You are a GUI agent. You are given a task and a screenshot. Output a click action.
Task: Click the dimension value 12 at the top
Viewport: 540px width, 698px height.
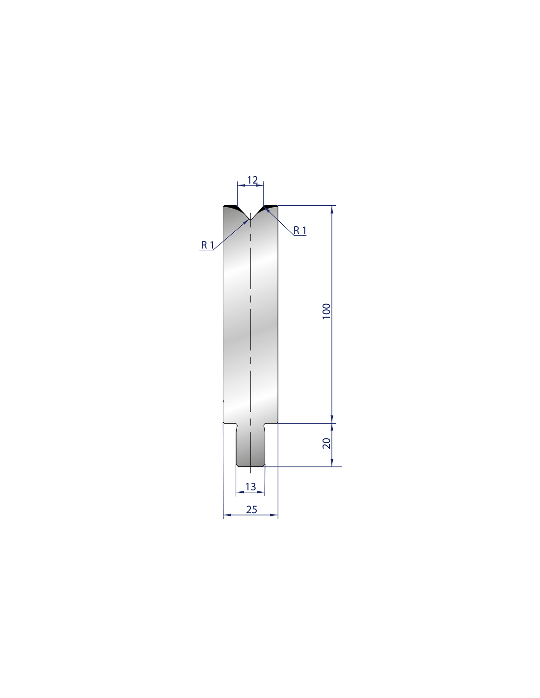252,180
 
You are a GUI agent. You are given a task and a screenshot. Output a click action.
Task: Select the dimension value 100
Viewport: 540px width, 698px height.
326,311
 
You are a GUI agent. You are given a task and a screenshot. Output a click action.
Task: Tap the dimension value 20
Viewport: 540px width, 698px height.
326,443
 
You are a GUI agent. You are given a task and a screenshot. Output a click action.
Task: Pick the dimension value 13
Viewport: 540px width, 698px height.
250,487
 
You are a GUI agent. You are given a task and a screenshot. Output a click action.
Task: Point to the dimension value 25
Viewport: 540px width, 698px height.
251,510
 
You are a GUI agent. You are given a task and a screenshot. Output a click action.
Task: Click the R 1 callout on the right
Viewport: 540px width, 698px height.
300,230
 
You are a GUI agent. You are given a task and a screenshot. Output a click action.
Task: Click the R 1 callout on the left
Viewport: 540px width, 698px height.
207,245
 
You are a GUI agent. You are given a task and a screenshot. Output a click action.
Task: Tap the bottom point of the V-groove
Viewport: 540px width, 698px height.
250,220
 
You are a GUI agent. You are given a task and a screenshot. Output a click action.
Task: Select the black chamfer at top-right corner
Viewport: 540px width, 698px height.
269,207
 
